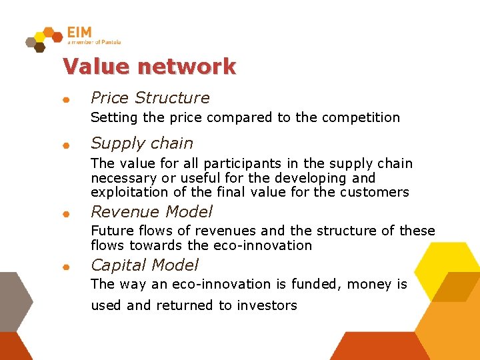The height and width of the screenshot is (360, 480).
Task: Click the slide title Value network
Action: tap(149, 67)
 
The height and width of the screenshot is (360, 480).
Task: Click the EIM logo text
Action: tap(79, 33)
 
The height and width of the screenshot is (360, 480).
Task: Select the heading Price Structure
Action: tap(150, 98)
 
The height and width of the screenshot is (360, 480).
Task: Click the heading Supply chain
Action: tap(142, 143)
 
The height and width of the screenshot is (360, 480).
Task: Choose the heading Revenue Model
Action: tap(151, 212)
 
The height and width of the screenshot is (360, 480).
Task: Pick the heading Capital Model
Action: tap(145, 265)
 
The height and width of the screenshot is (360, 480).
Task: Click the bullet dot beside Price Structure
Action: tap(65, 100)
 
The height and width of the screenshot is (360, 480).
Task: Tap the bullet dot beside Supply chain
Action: tap(65, 145)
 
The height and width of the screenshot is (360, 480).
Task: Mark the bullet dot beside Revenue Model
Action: tap(65, 214)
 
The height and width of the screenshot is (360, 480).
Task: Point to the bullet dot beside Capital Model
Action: tap(65, 267)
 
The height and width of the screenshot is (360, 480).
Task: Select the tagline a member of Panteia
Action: tap(94, 42)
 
